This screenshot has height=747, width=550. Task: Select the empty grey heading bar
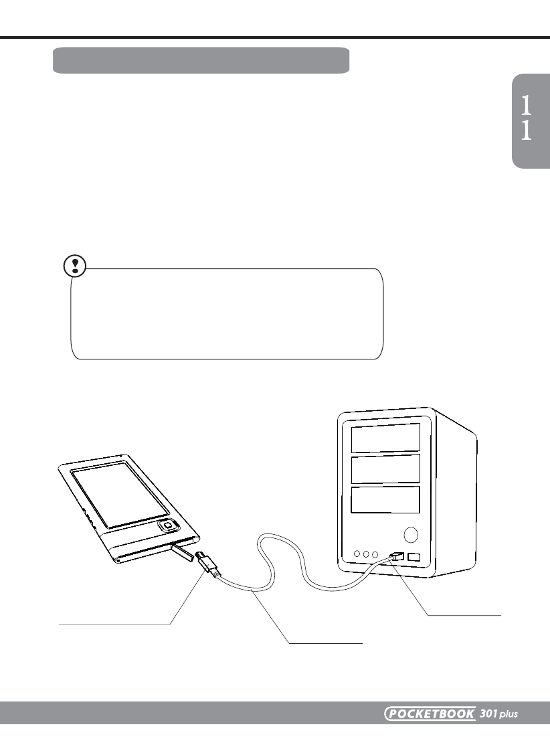(x=201, y=60)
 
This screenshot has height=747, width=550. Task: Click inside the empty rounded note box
(x=227, y=315)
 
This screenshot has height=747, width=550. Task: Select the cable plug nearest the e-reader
(x=207, y=564)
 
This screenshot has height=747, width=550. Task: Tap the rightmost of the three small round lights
(x=375, y=554)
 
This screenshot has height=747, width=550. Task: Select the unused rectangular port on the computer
(x=414, y=557)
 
